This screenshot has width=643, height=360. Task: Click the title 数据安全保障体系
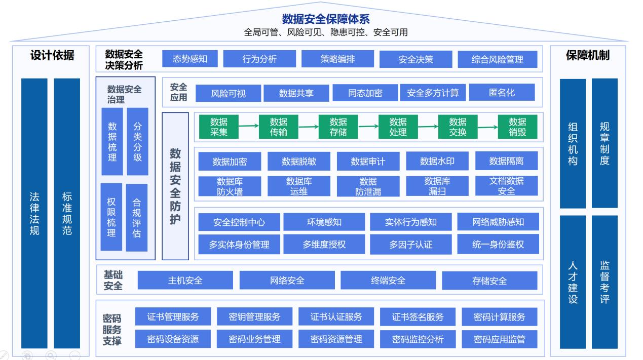(x=326, y=19)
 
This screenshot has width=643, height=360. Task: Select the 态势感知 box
(x=190, y=59)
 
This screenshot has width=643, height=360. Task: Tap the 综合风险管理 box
(x=497, y=59)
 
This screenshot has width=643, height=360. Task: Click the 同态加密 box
(x=365, y=93)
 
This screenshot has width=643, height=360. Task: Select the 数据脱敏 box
(x=298, y=162)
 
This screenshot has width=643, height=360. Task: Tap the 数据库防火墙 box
(x=230, y=186)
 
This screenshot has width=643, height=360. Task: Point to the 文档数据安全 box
(x=506, y=186)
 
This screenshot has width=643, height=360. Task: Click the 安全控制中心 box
(x=239, y=222)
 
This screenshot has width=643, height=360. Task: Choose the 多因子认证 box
(x=410, y=245)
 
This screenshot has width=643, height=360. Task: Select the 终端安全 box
(x=388, y=280)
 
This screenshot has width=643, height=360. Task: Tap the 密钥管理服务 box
(x=254, y=317)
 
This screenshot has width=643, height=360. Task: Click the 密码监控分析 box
(x=418, y=339)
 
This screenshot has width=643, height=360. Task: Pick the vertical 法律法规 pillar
(x=34, y=213)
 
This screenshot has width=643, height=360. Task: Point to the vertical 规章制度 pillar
(x=604, y=143)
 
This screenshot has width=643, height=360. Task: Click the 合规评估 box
(x=136, y=218)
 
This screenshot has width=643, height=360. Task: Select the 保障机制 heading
(x=587, y=56)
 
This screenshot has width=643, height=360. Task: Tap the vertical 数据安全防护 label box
(x=175, y=186)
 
